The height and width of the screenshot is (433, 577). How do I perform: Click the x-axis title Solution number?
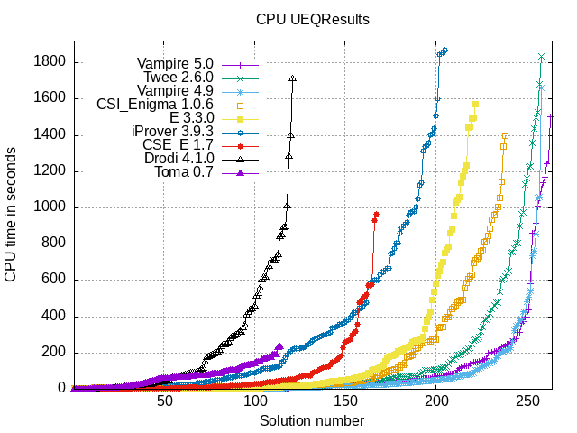tap(312, 421)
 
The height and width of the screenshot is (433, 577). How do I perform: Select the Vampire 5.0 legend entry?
tap(176, 64)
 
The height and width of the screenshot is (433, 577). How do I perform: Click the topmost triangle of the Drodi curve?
tap(293, 78)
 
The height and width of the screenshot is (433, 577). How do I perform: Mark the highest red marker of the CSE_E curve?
tap(376, 214)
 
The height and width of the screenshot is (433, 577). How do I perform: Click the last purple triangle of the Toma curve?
tap(279, 346)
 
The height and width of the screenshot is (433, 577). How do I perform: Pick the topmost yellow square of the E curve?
tap(475, 105)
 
